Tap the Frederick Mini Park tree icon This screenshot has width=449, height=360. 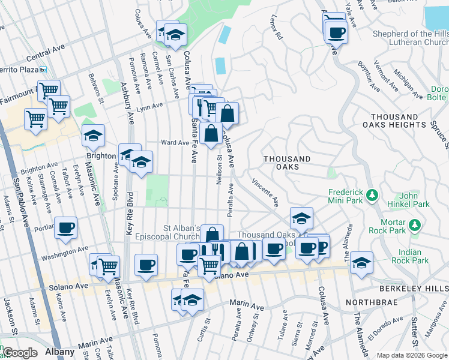[x=372, y=195]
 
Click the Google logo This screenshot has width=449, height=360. [x=20, y=353]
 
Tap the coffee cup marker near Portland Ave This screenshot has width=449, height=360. [x=65, y=227]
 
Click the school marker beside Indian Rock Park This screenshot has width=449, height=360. [x=361, y=262]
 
